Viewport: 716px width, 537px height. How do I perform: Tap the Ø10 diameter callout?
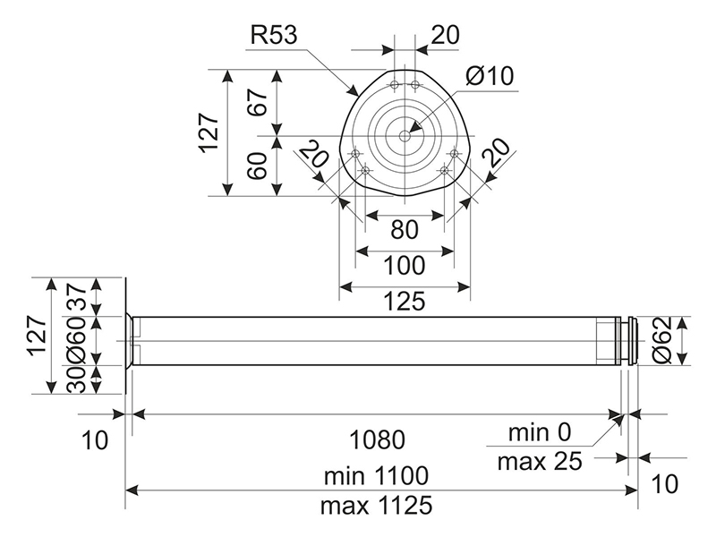490,76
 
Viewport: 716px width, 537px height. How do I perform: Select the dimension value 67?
260,101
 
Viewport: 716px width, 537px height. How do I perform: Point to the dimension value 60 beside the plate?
260,166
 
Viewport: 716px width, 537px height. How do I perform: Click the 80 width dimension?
405,230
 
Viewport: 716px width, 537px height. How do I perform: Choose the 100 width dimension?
405,267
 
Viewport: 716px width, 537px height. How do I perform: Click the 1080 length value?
376,439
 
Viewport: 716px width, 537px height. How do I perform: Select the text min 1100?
376,474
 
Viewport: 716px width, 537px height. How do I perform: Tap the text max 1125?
376,505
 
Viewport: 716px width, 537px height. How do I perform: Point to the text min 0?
539,433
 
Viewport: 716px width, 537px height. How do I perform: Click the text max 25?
539,462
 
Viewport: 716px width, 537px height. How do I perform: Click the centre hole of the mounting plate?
405,136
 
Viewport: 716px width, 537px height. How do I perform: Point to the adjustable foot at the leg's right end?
630,341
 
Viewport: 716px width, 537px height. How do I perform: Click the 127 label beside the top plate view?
209,132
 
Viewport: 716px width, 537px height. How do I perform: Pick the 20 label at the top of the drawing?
445,35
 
